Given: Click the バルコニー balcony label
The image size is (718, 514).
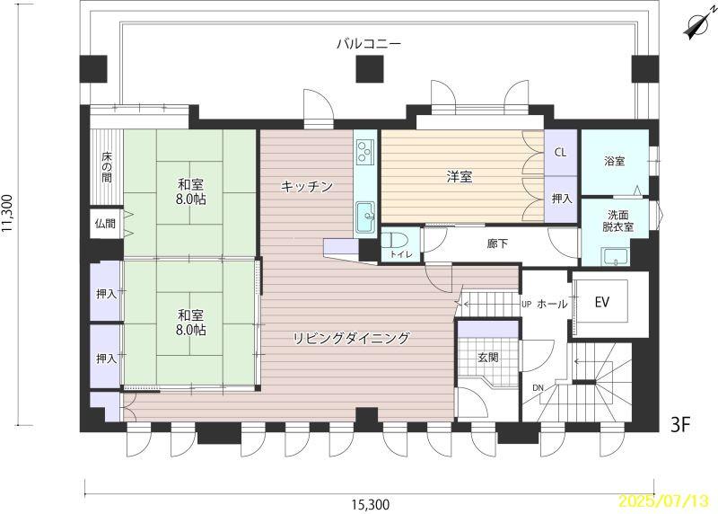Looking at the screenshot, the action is point(369,44).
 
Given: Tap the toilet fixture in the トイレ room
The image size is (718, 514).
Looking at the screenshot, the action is point(389,240).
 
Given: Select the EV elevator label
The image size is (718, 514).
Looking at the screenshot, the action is point(601,302).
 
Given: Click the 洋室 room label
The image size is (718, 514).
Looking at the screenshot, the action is point(460,177).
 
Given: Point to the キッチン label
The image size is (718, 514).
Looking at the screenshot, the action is point(306,187).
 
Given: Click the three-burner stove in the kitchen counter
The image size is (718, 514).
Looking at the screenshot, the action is point(365,150).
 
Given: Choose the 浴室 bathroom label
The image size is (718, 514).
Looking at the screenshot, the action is point(615,161).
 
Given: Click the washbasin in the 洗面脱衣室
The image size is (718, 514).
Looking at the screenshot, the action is point(615,256).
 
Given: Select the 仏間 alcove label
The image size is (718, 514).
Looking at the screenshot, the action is point(105,224).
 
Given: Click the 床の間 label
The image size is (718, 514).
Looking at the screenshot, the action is point(107,167).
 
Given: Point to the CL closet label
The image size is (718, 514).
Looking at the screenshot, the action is point(560,152).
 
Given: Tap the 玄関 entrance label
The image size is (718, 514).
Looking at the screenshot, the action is point(487,357).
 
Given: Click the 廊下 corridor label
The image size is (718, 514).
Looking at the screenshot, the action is point(497,244).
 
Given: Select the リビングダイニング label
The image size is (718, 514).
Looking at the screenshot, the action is point(351,339).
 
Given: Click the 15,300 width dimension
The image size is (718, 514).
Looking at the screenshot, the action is point(371,505).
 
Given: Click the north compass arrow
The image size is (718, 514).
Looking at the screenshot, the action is point(697,26).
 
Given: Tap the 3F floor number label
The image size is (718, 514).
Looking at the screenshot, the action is point(680,425).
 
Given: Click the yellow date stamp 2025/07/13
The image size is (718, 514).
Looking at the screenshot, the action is point(664,500).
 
